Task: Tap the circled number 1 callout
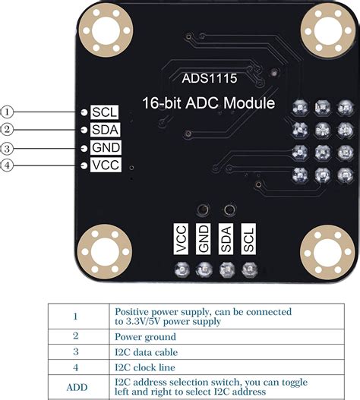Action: (8, 111)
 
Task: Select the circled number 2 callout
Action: (8, 129)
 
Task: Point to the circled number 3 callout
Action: (8, 147)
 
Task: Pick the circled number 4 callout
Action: (8, 165)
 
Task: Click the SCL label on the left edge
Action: (104, 112)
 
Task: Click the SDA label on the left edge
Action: (105, 129)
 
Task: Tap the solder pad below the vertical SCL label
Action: (247, 269)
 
